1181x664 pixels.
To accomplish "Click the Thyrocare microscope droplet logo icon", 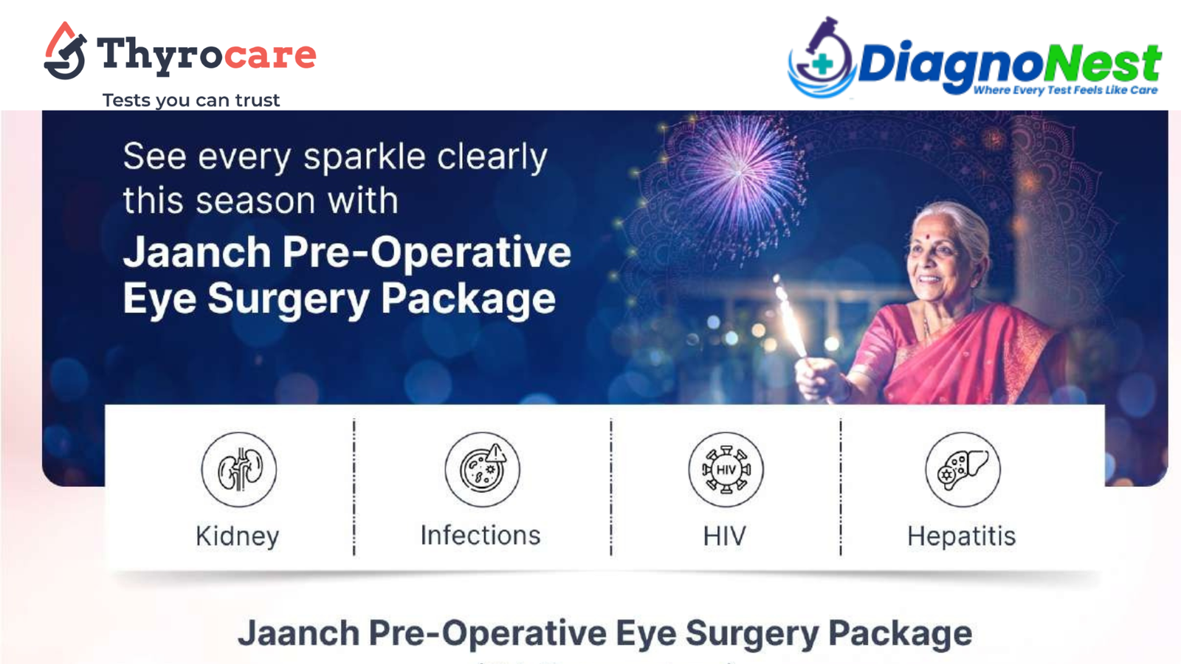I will pyautogui.click(x=65, y=52).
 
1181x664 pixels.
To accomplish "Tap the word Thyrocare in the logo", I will pyautogui.click(x=207, y=55).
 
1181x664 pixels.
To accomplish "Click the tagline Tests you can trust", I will pyautogui.click(x=190, y=100).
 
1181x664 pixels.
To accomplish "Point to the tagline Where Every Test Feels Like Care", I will pyautogui.click(x=1064, y=90).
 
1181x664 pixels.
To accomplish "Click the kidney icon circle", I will pyautogui.click(x=239, y=469).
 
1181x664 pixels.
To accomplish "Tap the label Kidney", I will pyautogui.click(x=238, y=536).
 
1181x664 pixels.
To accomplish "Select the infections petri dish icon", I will pyautogui.click(x=483, y=469).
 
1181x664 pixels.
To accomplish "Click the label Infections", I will pyautogui.click(x=481, y=535).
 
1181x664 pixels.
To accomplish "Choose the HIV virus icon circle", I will pyautogui.click(x=726, y=469).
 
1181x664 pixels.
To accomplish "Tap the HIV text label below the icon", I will pyautogui.click(x=724, y=536).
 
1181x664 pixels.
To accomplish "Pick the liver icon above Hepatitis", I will pyautogui.click(x=963, y=469).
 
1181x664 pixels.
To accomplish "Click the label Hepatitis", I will pyautogui.click(x=961, y=536).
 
